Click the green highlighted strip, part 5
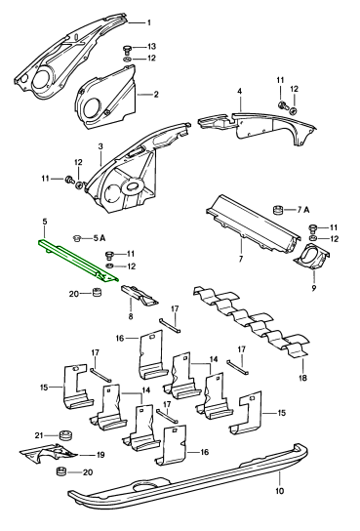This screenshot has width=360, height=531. pos(78,261)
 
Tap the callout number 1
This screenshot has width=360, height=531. pos(149,23)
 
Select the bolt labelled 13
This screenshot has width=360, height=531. pos(127,49)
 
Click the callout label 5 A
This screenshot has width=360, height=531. pos(100,238)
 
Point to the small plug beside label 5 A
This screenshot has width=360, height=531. pos(78,238)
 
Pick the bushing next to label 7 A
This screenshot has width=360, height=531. pos(278,210)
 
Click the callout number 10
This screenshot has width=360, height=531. pos(280,491)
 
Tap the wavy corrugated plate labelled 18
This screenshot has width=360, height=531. pos(251,322)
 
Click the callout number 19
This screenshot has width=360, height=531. pos(100,455)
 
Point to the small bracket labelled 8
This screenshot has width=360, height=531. pos(140,294)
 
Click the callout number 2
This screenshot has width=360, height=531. pos(156,95)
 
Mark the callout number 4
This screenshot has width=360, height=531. pos(240,91)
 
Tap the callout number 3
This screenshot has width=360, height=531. pos(100,146)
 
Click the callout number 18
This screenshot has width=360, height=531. pos(302,377)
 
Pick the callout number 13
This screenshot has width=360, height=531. pos(151,47)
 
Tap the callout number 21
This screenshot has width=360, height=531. pos(39,435)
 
